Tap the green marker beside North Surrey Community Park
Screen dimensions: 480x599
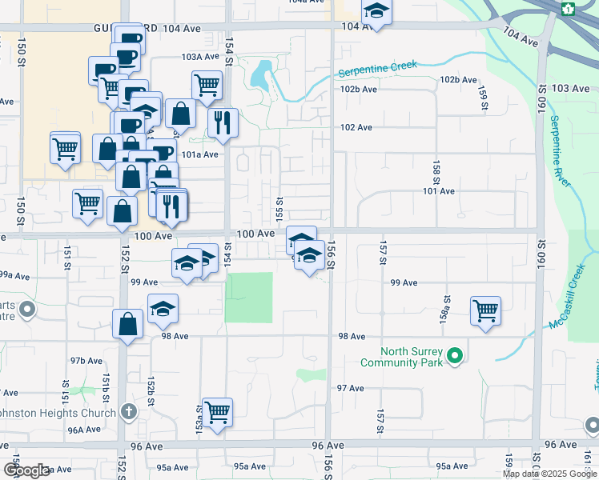coord(455,355)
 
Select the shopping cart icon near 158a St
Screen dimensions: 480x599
coord(486,310)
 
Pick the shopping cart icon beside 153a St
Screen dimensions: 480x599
coord(217,412)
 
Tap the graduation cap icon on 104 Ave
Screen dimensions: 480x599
coord(375,10)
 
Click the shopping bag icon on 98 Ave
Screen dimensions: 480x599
coord(127,324)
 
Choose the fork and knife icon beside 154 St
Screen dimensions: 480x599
coord(223,122)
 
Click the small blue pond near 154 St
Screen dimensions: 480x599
coord(259,76)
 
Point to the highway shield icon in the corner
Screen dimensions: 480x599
coord(569,9)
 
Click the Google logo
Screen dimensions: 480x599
coord(26,470)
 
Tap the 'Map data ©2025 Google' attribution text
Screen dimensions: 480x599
coord(550,474)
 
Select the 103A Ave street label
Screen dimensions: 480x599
coord(199,57)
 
